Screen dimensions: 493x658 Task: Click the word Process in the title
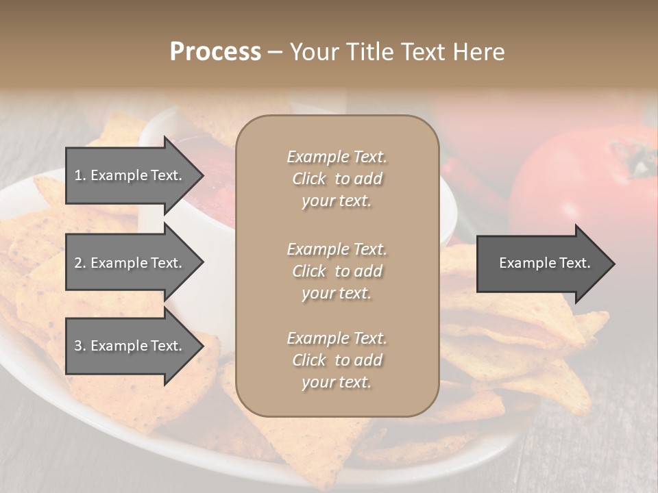point(215,52)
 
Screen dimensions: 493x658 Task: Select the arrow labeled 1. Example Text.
point(130,175)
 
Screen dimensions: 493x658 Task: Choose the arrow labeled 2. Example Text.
point(130,263)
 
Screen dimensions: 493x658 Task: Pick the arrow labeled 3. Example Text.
point(130,346)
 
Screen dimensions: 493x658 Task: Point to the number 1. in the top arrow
point(80,175)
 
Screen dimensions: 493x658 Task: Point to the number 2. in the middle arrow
point(80,263)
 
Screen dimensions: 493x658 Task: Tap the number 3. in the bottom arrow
point(80,346)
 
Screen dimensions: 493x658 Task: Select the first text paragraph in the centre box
point(337,179)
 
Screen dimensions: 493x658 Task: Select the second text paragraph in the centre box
point(337,271)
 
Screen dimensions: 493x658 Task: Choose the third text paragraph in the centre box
point(337,360)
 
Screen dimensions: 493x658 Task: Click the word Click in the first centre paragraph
point(309,179)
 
